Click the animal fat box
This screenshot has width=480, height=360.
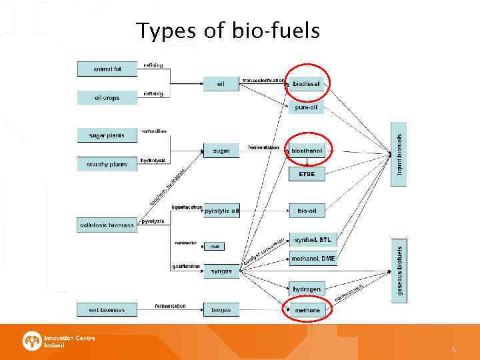pos(107,68)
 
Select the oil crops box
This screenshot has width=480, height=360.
pos(107,97)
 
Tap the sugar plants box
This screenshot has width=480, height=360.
pos(107,135)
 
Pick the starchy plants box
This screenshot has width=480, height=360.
pos(107,164)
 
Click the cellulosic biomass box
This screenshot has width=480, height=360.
pos(107,225)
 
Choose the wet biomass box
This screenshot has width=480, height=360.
pos(107,310)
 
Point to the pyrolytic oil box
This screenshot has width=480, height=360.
pos(221,211)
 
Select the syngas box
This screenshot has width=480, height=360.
pos(221,271)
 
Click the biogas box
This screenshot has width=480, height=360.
pos(221,310)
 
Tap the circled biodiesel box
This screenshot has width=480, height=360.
pos(307,83)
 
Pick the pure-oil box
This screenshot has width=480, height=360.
pos(307,107)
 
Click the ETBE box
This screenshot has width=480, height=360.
pos(307,174)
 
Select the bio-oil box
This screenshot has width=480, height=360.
pos(307,211)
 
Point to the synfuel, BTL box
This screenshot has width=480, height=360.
pos(313,240)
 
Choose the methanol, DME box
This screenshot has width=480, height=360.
pos(313,259)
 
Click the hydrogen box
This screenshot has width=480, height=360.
pos(307,289)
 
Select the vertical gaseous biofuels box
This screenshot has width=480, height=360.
pos(399,271)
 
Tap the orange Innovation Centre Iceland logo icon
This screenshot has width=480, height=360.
pos(31,341)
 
